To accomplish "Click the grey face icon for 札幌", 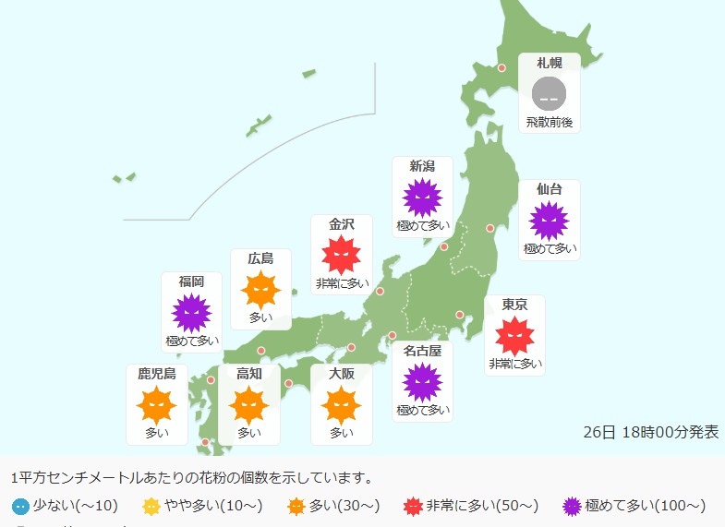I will (x=550, y=94).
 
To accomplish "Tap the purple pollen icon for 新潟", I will (x=422, y=198).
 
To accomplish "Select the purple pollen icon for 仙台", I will (x=549, y=221).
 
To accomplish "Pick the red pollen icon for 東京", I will (x=514, y=336).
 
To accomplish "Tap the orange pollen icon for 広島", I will (x=260, y=290).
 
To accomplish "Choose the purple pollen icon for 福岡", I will (x=192, y=314).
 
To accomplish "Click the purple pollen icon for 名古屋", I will (x=422, y=382).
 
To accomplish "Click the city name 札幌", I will (x=550, y=63).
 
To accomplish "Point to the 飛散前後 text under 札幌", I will (x=550, y=122).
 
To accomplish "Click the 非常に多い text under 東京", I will (x=514, y=364).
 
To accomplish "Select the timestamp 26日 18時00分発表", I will (x=650, y=432).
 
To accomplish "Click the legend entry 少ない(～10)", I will (x=66, y=505).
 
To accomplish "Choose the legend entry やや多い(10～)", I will (x=202, y=505).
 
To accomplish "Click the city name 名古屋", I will (x=422, y=350).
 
